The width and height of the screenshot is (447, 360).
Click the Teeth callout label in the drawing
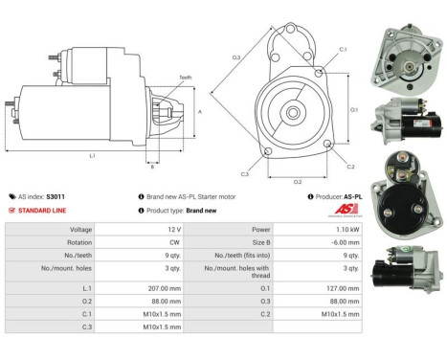click(185, 77)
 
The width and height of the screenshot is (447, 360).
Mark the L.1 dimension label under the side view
click(91, 155)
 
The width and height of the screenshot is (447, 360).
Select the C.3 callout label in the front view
click(245, 174)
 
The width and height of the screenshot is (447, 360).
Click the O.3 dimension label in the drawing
click(235, 58)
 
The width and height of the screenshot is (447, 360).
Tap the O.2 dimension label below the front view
click(297, 181)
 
